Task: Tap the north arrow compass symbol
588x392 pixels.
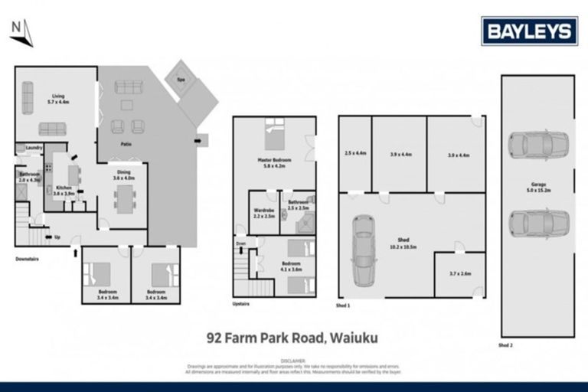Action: (21, 31)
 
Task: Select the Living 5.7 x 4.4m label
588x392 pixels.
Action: (58, 98)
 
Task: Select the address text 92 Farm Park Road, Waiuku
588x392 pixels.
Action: (293, 335)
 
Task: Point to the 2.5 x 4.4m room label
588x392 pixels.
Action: (354, 154)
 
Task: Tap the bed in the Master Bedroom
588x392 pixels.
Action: (274, 136)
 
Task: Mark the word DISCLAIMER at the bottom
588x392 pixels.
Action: (293, 359)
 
